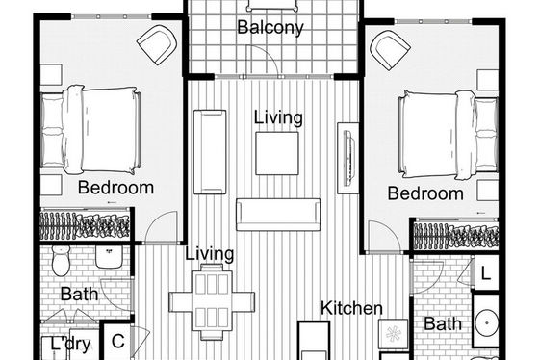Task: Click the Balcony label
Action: point(270,27)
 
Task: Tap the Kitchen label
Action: point(351,308)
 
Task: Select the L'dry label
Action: point(71,344)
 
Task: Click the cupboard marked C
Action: point(117,341)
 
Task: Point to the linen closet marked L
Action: point(485,274)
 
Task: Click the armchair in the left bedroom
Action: point(157,44)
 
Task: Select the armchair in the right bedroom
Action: point(390,49)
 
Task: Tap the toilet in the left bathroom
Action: point(61,260)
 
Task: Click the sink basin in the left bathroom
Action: point(109,257)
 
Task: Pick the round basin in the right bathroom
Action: point(487,323)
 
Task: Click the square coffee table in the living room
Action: point(277,153)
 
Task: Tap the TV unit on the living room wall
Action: point(347,158)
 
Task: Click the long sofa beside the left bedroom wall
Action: point(210,152)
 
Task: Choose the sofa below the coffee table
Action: point(278,215)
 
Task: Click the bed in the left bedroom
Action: point(90,130)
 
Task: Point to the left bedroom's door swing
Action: point(161,226)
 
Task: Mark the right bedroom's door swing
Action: point(384,237)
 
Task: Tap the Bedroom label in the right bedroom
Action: point(425,193)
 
